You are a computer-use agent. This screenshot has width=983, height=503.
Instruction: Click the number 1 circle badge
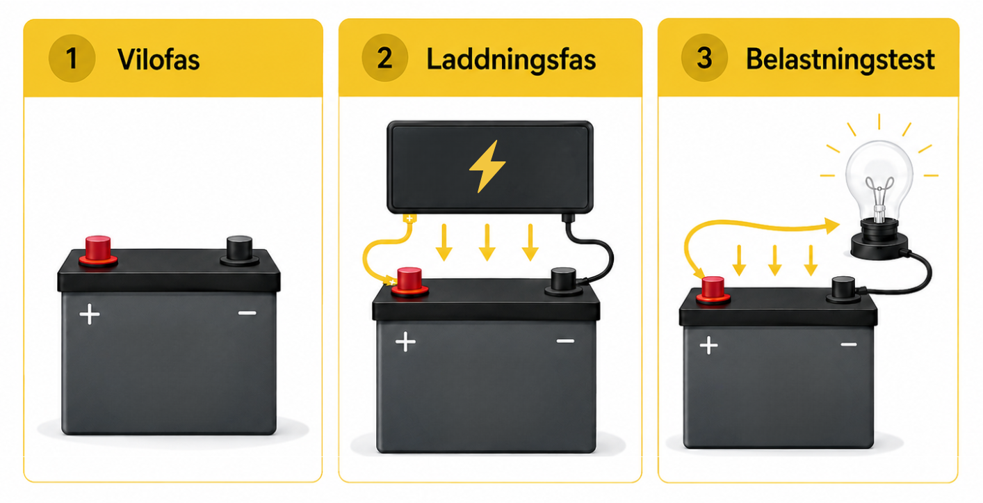tap(72, 58)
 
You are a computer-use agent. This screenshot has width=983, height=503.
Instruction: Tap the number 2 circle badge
tap(385, 58)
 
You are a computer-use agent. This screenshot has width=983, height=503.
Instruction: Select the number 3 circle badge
tap(704, 58)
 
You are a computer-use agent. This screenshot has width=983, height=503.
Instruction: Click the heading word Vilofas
tap(159, 59)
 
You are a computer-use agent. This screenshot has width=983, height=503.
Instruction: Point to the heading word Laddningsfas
tap(511, 59)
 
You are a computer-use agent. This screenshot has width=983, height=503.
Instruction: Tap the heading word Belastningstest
tap(840, 59)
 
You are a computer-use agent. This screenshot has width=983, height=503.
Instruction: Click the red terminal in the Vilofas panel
tap(98, 251)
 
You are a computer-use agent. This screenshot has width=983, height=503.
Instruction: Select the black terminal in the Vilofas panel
tap(239, 251)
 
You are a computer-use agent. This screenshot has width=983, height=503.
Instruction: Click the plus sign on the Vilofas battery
tap(90, 314)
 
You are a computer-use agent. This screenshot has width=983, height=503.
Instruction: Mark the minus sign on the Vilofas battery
tap(247, 313)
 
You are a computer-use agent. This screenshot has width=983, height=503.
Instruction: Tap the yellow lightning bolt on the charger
tap(487, 166)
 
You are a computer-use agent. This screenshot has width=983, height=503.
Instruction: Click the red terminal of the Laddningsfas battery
tap(409, 282)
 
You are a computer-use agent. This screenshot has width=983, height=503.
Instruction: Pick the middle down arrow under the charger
tap(487, 243)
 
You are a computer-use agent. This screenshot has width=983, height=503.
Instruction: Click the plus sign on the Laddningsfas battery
tap(405, 342)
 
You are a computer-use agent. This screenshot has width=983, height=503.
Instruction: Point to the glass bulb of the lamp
tap(879, 178)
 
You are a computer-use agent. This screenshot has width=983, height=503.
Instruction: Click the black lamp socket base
tap(879, 241)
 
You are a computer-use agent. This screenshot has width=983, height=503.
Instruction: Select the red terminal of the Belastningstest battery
tap(713, 290)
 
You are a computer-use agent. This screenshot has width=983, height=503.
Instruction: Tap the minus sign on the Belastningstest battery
tap(849, 345)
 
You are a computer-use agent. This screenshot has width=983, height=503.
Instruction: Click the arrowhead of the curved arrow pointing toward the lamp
tap(832, 226)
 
